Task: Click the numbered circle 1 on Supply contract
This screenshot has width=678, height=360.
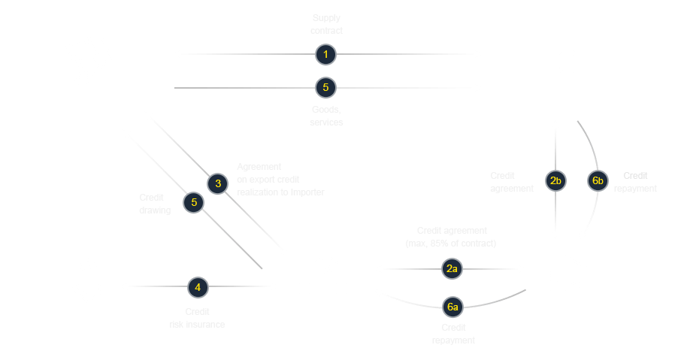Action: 325,54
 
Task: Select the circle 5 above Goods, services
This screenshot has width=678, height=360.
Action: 325,88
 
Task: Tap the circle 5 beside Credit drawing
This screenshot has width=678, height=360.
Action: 194,201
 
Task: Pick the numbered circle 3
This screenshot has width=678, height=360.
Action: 218,183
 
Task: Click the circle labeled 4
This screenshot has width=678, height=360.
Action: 198,286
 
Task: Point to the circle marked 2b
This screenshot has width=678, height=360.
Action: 555,181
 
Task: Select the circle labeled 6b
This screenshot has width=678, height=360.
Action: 598,181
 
